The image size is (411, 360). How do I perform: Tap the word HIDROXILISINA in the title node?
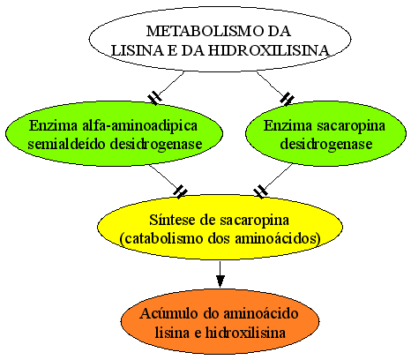coord(269,50)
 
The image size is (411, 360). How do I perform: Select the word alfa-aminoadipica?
coord(139,125)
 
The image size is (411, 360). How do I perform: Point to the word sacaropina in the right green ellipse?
coord(351,126)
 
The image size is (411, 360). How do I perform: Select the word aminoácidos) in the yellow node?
coord(278,238)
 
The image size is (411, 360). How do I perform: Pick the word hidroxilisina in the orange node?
coord(245,333)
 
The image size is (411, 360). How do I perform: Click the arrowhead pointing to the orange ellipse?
coord(220,281)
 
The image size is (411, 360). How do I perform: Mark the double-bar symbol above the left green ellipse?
coord(154,98)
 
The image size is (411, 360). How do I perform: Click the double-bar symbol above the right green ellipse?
coord(287,98)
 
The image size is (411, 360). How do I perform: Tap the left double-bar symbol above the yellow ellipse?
coord(180,191)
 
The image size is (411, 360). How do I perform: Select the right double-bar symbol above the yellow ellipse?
coord(260,191)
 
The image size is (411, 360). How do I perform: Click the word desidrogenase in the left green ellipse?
coord(156,144)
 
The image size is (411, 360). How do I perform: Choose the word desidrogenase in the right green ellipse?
coord(326,144)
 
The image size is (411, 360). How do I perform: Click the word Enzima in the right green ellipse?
coord(288,125)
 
